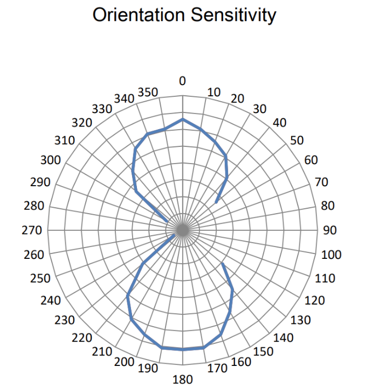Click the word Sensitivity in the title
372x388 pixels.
click(230, 15)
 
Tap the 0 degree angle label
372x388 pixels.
click(182, 81)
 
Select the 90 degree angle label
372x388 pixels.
click(329, 230)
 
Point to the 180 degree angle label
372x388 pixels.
click(182, 380)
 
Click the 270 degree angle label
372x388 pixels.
click(34, 230)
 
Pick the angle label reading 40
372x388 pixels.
click(279, 123)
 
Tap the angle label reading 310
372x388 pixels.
click(64, 140)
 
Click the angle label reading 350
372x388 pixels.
click(148, 92)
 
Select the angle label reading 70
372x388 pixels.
click(321, 182)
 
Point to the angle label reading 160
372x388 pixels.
click(240, 362)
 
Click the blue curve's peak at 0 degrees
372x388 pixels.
click(183, 119)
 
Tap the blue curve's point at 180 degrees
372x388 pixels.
click(183, 350)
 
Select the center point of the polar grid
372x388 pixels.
click(183, 230)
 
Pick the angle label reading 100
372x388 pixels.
click(331, 255)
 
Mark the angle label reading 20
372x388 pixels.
click(238, 98)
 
